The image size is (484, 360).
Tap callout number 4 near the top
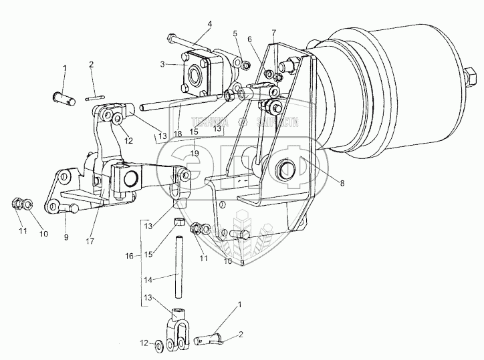click(209, 24)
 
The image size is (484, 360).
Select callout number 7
click(273, 33)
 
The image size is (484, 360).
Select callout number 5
click(235, 33)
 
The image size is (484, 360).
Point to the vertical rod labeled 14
click(179, 268)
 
